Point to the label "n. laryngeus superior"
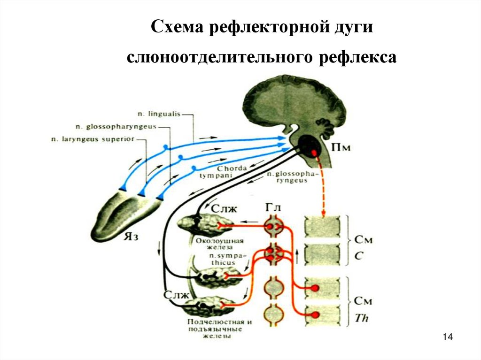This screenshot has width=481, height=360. click(x=93, y=139)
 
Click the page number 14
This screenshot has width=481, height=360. click(x=447, y=337)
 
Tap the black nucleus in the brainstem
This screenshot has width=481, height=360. click(x=310, y=146)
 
